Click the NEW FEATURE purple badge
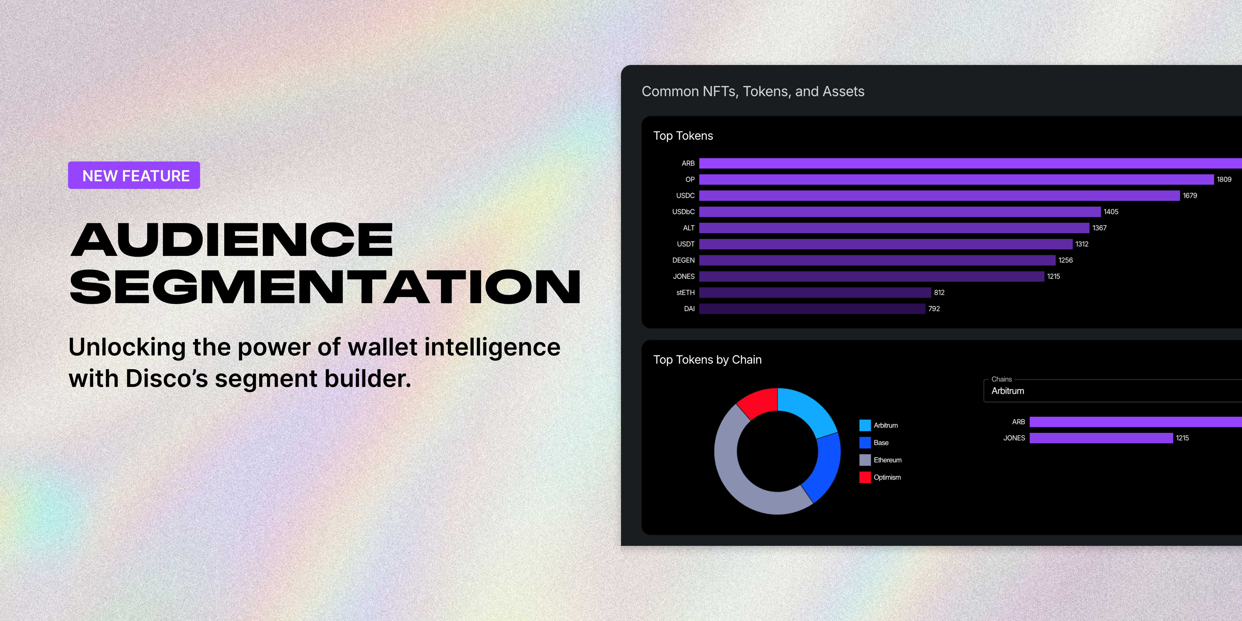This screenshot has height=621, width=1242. [x=134, y=175]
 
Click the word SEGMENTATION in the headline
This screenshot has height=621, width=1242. [x=325, y=287]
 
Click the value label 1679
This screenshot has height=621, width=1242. [x=1190, y=195]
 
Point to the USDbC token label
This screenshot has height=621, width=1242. [x=683, y=212]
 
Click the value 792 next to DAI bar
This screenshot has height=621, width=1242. [x=934, y=308]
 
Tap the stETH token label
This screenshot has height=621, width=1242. [x=685, y=293]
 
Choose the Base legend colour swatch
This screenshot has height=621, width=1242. [x=865, y=443]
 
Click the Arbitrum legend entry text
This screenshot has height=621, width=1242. [x=886, y=425]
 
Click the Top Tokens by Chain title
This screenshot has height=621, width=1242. [x=707, y=360]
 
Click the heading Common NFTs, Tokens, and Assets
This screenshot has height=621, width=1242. [x=753, y=92]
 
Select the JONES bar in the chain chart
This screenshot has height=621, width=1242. [x=1101, y=438]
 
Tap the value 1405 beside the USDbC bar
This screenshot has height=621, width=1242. [x=1111, y=212]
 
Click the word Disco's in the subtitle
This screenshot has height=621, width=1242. [x=166, y=379]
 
